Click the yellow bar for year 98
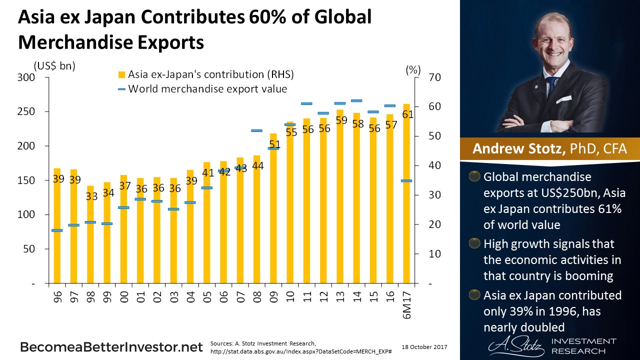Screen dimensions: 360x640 click(90, 235)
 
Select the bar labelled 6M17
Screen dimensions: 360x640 click(407, 200)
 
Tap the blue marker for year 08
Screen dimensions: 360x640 click(256, 130)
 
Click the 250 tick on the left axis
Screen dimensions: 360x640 click(26, 111)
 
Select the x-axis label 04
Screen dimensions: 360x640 click(191, 298)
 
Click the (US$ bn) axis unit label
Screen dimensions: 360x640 click(53, 66)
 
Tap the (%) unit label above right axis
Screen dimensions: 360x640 click(413, 70)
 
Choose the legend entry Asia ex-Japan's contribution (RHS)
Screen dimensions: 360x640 click(206, 75)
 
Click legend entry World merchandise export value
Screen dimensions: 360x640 click(202, 89)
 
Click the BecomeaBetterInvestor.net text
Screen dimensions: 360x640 click(111, 347)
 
